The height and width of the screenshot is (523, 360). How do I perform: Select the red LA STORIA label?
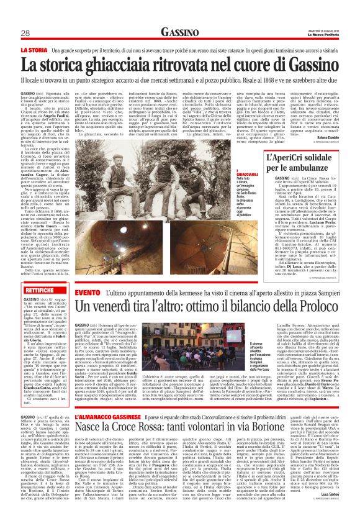[34, 48]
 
